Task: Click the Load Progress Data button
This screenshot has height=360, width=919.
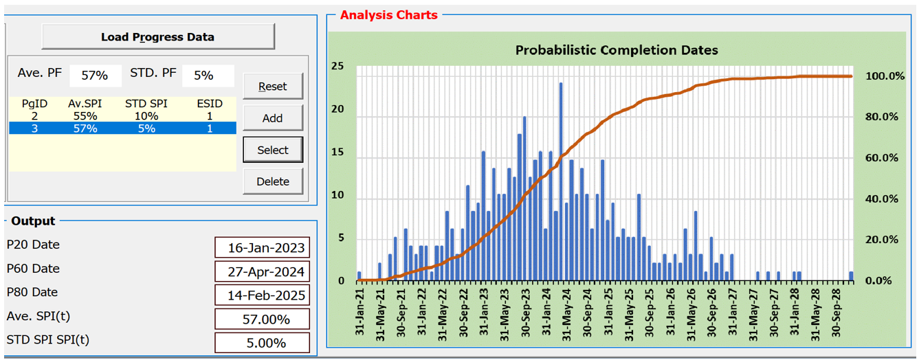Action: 157,37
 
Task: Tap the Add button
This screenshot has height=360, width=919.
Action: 272,118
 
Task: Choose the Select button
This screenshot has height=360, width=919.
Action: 272,150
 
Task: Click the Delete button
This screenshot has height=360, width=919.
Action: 272,181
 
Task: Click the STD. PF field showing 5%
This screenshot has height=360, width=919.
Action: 208,75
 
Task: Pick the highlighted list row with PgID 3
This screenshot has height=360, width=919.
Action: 122,128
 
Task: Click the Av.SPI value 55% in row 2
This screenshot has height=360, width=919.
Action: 85,116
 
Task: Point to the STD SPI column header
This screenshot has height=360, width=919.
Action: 145,104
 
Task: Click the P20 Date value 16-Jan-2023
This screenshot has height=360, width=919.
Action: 262,247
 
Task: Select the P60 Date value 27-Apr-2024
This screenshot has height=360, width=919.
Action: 262,271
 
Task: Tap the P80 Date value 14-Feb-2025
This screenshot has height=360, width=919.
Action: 262,295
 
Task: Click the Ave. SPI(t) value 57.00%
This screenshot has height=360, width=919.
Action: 262,319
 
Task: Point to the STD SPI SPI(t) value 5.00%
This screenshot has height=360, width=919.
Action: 262,343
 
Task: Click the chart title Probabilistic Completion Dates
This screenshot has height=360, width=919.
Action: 617,50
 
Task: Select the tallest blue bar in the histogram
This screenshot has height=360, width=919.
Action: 561,182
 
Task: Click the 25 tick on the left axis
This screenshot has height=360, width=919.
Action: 337,67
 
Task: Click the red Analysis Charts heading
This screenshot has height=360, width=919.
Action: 388,14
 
